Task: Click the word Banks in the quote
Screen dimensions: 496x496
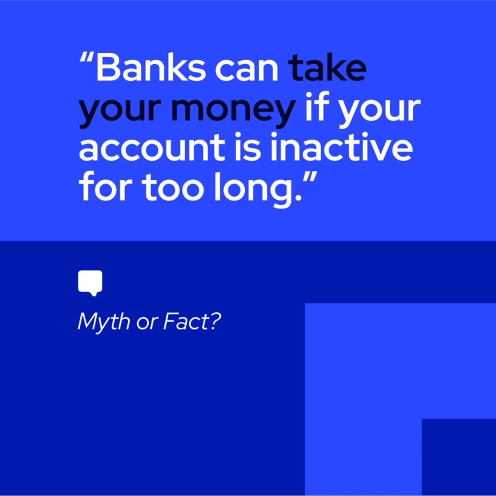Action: [151, 68]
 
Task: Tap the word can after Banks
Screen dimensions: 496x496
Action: [246, 69]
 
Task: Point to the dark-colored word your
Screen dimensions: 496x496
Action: [119, 110]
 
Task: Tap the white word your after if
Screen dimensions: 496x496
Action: [380, 110]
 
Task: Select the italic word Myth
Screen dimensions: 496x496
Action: [104, 322]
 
